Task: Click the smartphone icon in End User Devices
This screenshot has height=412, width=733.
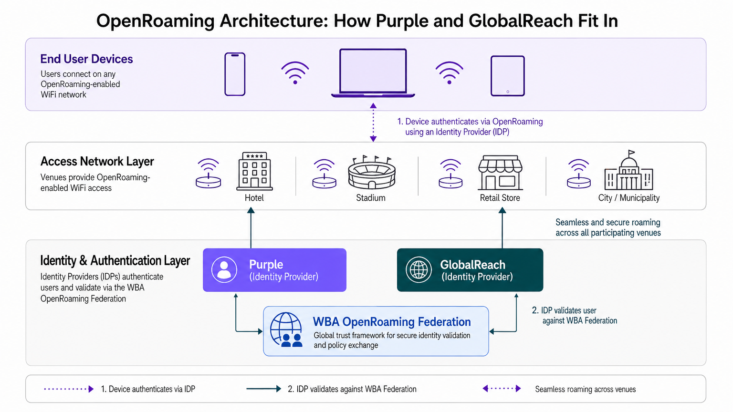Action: tap(235, 74)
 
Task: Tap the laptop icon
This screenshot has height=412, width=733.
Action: tap(373, 72)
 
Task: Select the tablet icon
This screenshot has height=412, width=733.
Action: tap(507, 76)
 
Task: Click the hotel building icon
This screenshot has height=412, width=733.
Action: tap(254, 171)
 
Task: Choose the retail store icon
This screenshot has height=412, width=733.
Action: tap(500, 173)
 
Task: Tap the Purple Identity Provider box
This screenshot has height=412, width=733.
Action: tap(274, 270)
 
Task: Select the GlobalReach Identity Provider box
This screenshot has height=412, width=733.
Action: tap(470, 270)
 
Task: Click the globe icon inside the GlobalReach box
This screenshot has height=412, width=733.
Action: tap(419, 270)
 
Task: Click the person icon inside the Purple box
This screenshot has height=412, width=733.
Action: tap(224, 270)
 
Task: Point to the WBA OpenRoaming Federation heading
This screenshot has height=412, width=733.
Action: tap(392, 322)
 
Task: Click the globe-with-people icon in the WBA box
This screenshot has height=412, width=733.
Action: tap(286, 330)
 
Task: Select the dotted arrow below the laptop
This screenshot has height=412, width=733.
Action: tap(373, 123)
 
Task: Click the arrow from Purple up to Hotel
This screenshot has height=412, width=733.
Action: tap(251, 229)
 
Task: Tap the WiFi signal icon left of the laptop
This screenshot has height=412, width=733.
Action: tap(295, 73)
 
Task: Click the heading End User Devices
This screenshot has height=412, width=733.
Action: tap(86, 59)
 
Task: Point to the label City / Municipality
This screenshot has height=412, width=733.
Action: tap(628, 198)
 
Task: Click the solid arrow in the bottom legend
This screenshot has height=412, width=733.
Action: tap(263, 389)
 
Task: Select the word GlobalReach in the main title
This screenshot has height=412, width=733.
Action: tap(520, 21)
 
